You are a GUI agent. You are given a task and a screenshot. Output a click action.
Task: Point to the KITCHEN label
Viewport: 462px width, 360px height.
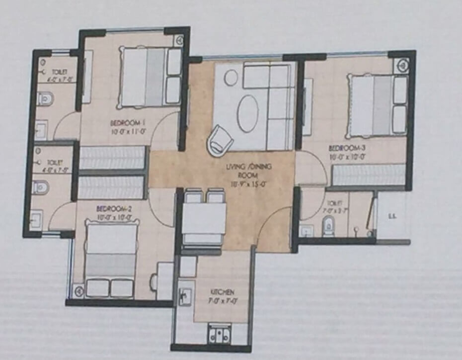(x=221, y=292)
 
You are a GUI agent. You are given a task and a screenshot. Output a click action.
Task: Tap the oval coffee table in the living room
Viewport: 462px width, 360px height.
(x=247, y=113)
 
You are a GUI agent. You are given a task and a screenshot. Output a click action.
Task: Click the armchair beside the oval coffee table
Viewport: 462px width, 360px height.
(x=220, y=140)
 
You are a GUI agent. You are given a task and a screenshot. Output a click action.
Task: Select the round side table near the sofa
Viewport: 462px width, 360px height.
(x=231, y=77)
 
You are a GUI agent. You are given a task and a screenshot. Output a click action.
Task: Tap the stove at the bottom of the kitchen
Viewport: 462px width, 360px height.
(x=219, y=334)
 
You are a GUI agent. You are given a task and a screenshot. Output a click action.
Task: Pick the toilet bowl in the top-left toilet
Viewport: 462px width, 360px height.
(x=45, y=98)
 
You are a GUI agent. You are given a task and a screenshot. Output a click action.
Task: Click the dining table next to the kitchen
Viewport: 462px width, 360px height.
(x=205, y=219)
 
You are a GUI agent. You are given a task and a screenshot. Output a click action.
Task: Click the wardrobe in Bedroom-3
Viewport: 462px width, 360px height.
(x=369, y=175)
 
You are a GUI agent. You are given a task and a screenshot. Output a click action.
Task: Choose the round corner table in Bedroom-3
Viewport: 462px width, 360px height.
(x=402, y=64)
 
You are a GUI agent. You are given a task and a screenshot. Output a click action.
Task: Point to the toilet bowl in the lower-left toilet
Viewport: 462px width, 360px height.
(x=41, y=187)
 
